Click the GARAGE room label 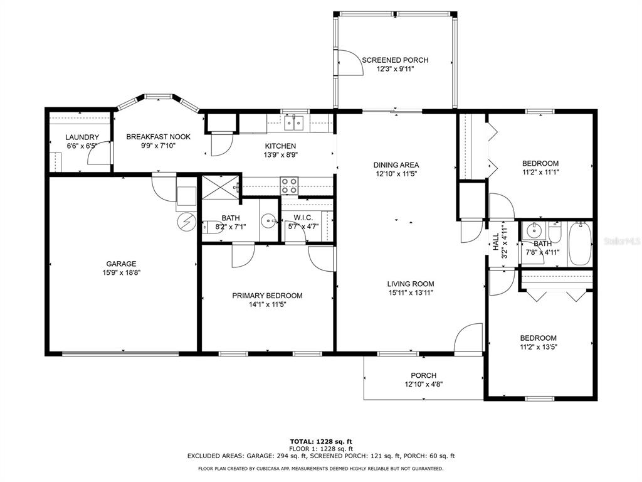coord(121,264)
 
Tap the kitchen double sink coord(294,122)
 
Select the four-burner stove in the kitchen coord(289,185)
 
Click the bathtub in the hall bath coord(580,244)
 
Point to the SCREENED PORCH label coord(395,60)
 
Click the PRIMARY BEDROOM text coord(267,296)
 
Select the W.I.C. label coord(303,218)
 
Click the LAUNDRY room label coord(82,137)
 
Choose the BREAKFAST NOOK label coord(159,137)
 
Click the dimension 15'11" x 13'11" coord(411,292)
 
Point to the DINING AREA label coord(396,165)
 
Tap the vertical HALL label coord(496,242)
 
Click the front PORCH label coord(424,375)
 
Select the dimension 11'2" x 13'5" coord(539,347)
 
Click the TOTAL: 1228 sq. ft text coord(321,441)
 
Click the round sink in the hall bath coord(534,231)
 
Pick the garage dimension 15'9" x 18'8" coord(122,272)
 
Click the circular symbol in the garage coord(186,222)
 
